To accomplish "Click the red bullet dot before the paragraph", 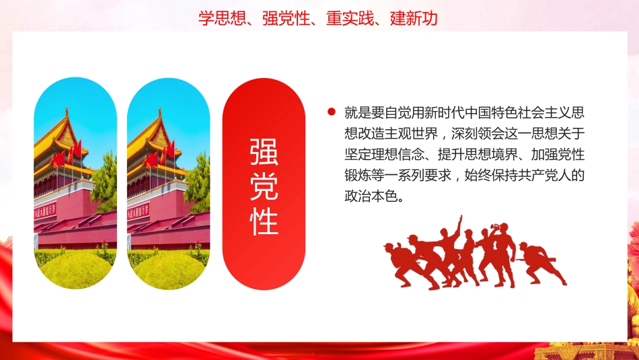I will [330, 112].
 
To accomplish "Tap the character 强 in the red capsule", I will [264, 154].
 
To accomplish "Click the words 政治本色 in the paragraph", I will [375, 199].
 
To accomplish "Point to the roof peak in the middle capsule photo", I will [159, 112].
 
